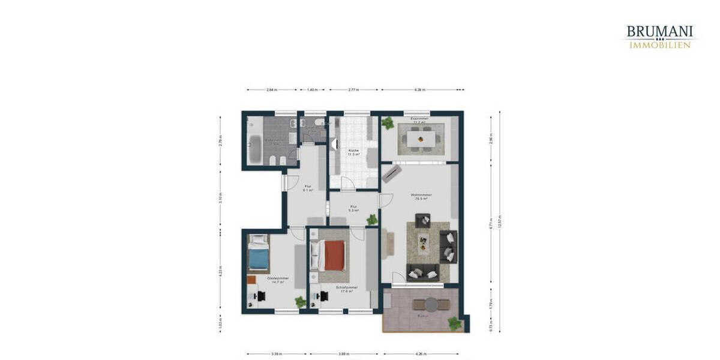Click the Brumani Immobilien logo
[x=659, y=36]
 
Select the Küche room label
[x=353, y=152]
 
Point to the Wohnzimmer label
[x=418, y=197]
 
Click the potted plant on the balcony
[x=455, y=323]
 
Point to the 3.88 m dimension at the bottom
[x=344, y=354]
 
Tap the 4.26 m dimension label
[x=420, y=354]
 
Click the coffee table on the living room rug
[x=424, y=243]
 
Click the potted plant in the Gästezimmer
[x=299, y=302]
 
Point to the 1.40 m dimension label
[x=312, y=90]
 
